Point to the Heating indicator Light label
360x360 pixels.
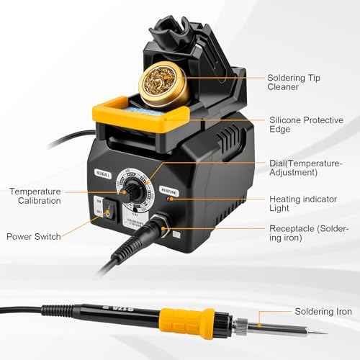[x=300, y=203]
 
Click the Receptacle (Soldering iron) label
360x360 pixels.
[x=308, y=233]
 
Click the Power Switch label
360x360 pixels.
[x=33, y=235]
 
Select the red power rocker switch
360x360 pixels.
[x=108, y=212]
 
